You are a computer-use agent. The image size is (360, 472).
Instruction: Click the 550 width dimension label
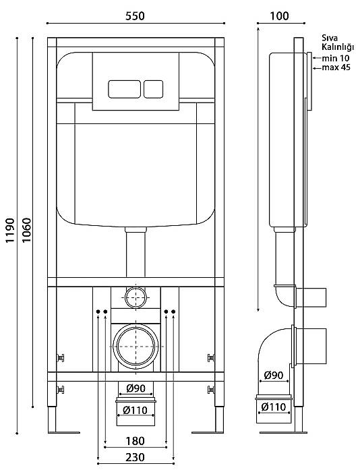(135, 16)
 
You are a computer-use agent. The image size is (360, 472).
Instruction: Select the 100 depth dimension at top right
(279, 16)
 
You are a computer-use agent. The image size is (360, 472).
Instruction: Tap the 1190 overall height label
(10, 231)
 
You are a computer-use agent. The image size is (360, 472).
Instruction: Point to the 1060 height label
(27, 231)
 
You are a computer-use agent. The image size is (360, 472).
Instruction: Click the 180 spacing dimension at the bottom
(135, 441)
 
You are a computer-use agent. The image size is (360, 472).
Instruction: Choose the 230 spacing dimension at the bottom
(135, 457)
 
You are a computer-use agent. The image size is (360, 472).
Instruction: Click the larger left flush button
(124, 89)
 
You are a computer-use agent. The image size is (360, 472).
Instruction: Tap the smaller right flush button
(153, 89)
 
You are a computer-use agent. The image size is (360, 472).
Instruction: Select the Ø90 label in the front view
(136, 388)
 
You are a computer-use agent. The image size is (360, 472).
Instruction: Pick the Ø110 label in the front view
(136, 410)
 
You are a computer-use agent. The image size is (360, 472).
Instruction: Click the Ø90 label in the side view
(274, 375)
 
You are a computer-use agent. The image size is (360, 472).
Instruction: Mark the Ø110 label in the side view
(274, 407)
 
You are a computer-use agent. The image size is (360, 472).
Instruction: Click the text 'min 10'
(336, 58)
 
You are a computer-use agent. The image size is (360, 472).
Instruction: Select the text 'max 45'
(336, 67)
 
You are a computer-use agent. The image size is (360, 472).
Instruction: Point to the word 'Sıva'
(330, 38)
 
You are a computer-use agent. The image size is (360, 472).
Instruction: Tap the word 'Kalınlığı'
(338, 47)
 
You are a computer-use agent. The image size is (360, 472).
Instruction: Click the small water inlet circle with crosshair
(136, 297)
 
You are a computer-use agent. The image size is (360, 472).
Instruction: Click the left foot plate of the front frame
(64, 433)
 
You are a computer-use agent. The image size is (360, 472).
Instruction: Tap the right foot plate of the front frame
(208, 433)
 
